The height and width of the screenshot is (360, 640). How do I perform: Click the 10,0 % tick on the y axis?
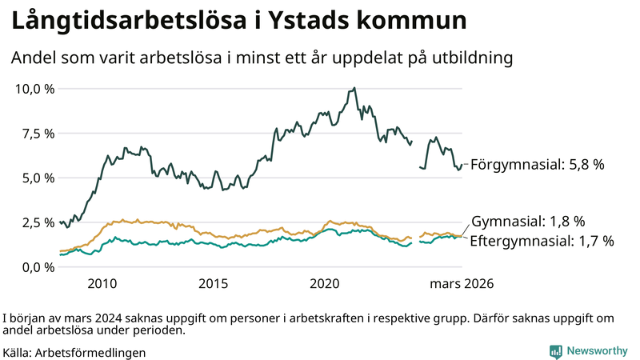click(34, 88)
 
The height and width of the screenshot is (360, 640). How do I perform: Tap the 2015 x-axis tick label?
click(214, 284)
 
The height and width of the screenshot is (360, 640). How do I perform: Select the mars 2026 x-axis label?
click(462, 284)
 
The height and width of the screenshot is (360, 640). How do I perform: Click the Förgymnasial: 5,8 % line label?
click(537, 165)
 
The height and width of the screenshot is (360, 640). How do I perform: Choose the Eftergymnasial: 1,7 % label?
click(542, 240)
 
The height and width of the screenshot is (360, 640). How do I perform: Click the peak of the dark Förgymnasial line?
click(354, 88)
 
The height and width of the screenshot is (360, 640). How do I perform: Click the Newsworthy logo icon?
click(555, 351)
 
